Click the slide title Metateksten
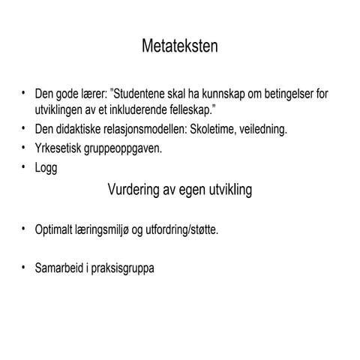pos(180,47)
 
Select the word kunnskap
pos(226,94)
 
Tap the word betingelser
pos(286,94)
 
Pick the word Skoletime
pos(214,129)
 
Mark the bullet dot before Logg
pos(24,166)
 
